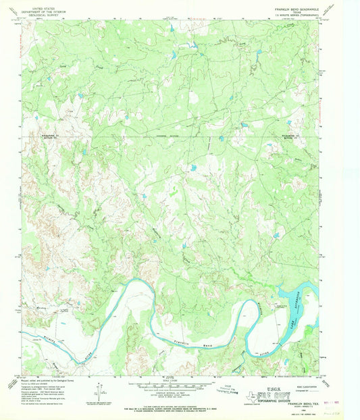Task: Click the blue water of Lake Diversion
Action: [x=290, y=297]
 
